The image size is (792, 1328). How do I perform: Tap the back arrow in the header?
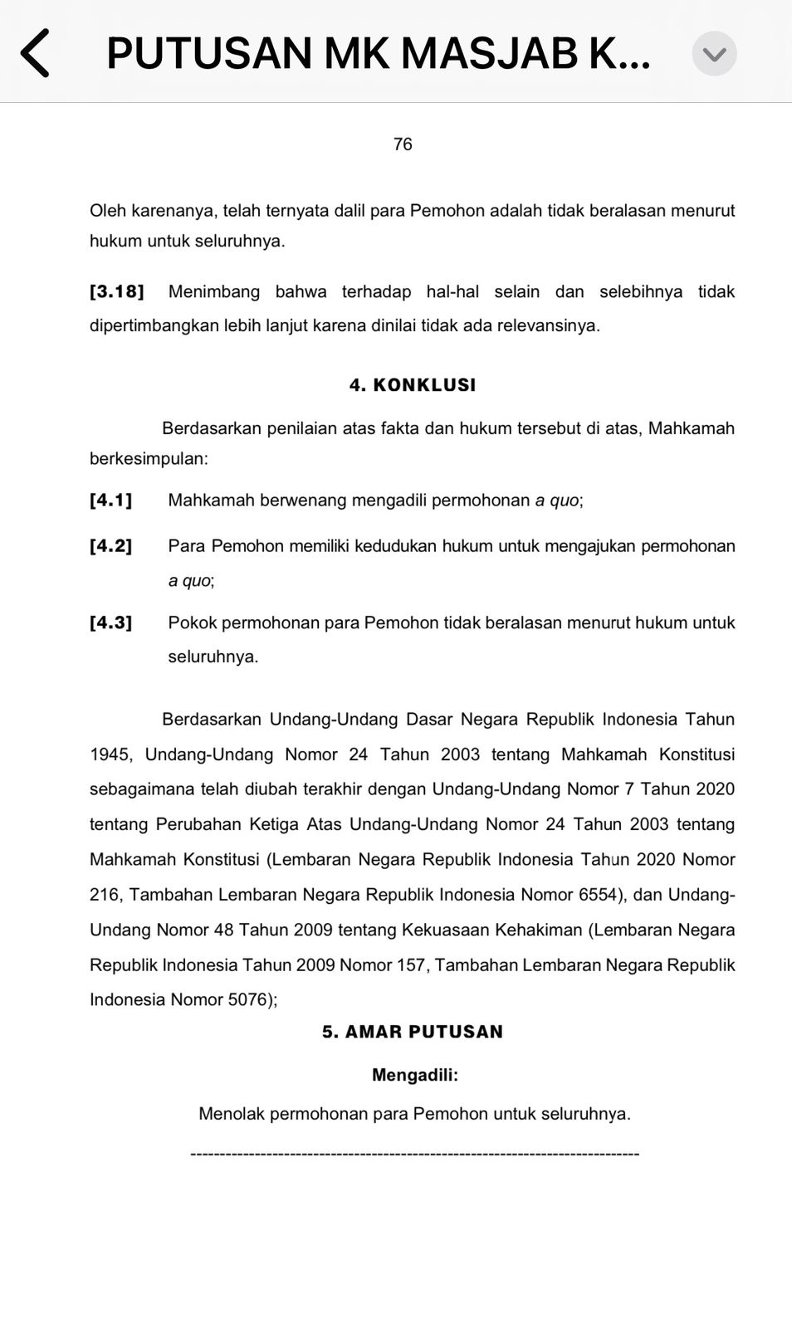click(x=35, y=53)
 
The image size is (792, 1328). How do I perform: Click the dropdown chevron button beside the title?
click(x=714, y=54)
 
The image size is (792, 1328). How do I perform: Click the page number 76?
click(x=403, y=144)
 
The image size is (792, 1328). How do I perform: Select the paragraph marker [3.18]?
click(x=116, y=291)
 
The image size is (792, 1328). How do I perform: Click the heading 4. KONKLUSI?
click(x=413, y=385)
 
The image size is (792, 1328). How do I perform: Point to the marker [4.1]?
click(x=110, y=500)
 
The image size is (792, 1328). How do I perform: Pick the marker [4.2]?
click(x=110, y=545)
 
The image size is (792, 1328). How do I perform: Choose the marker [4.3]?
click(x=110, y=622)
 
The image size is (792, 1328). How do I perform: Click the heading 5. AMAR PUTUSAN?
click(x=413, y=1032)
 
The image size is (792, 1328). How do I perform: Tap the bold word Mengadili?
click(x=415, y=1075)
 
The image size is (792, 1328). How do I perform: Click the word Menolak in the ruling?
click(x=231, y=1114)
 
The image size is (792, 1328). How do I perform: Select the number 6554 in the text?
click(x=598, y=895)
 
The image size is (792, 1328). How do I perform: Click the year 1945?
click(x=110, y=754)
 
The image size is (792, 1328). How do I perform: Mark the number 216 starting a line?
click(x=105, y=895)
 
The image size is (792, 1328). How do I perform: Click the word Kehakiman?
click(x=539, y=930)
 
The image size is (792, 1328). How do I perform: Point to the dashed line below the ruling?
click(x=414, y=1154)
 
